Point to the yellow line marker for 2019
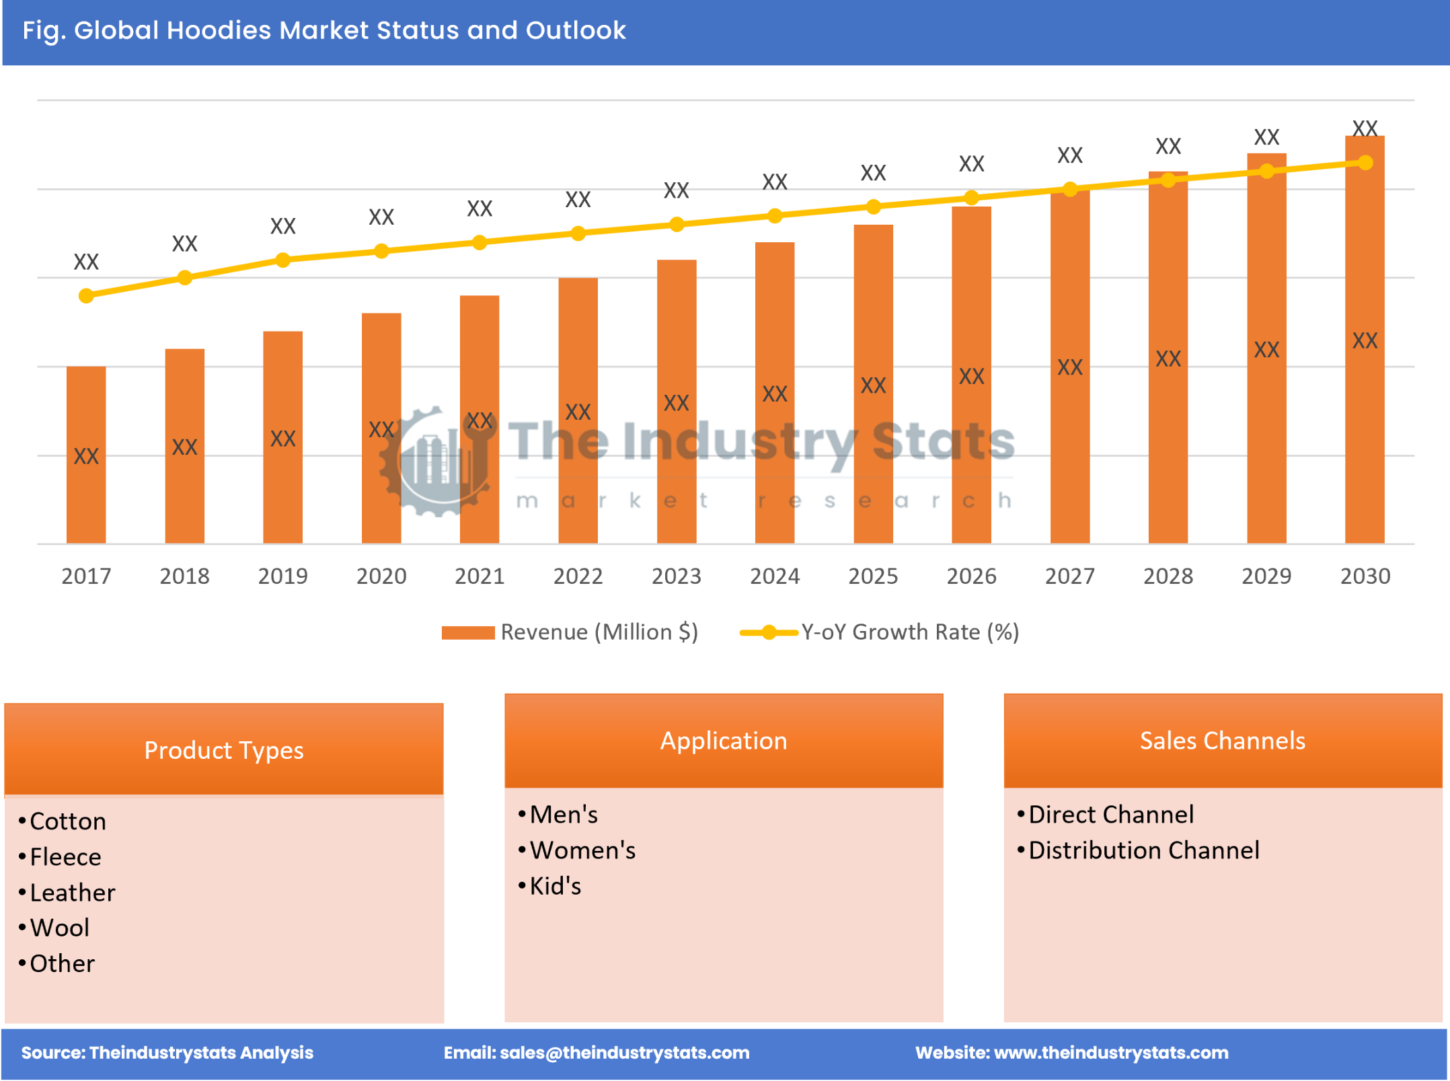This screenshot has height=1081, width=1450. [x=282, y=260]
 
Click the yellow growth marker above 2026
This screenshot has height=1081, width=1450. [x=971, y=198]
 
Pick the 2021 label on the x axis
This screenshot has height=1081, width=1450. [x=479, y=576]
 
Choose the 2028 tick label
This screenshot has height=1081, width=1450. [x=1168, y=576]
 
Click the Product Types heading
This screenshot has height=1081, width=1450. [x=223, y=749]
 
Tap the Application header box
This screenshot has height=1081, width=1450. [x=723, y=740]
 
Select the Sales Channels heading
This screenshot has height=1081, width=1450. [x=1222, y=740]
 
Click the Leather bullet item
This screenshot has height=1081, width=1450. [x=73, y=892]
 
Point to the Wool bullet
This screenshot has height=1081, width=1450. [x=59, y=928]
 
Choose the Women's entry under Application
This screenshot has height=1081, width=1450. [x=582, y=850]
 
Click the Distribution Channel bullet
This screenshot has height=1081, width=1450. [x=1143, y=850]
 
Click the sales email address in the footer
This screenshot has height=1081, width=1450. [x=624, y=1052]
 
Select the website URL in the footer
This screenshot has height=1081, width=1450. [x=1110, y=1052]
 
